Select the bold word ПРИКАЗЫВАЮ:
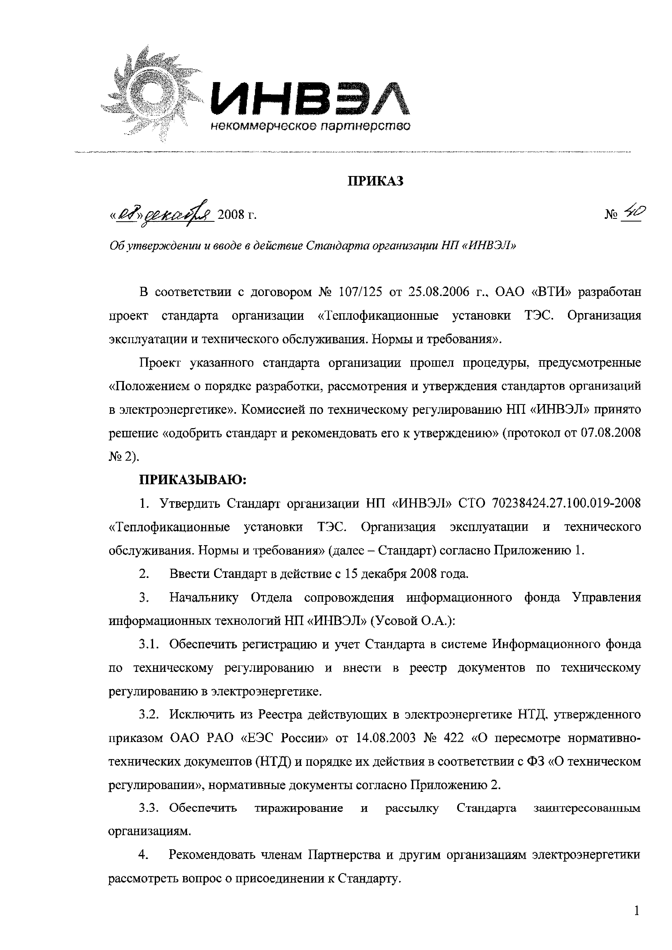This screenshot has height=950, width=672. click(193, 480)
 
